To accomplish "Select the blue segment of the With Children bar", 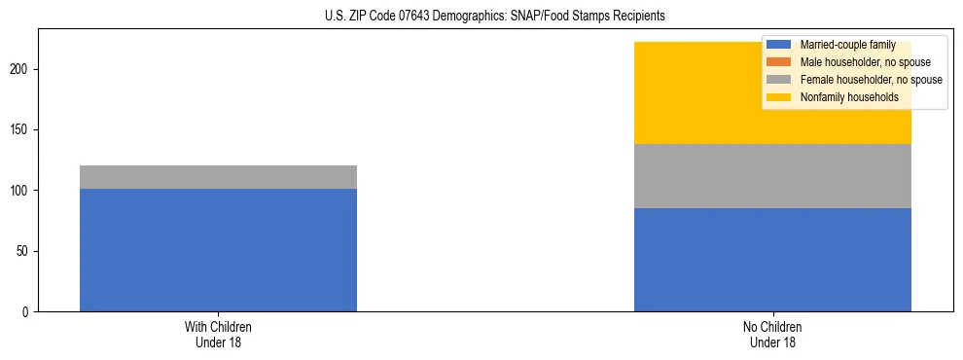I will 218,250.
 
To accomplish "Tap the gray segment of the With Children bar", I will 218,177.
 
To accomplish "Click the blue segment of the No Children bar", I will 772,260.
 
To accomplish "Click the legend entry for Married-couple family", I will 847,45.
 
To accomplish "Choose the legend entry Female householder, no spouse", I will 871,80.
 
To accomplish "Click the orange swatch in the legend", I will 779,62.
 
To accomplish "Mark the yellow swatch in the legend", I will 779,97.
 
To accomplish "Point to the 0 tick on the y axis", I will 27,311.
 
